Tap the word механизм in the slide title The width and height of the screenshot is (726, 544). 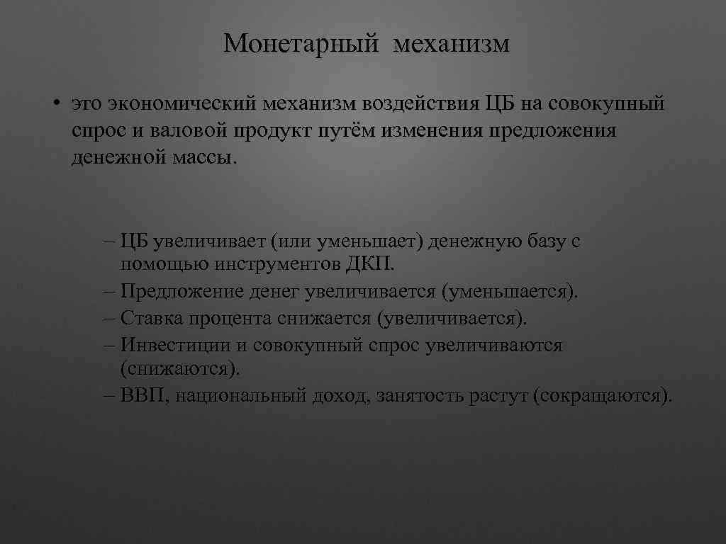click(x=452, y=44)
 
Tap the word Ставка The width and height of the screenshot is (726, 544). click(x=150, y=318)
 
